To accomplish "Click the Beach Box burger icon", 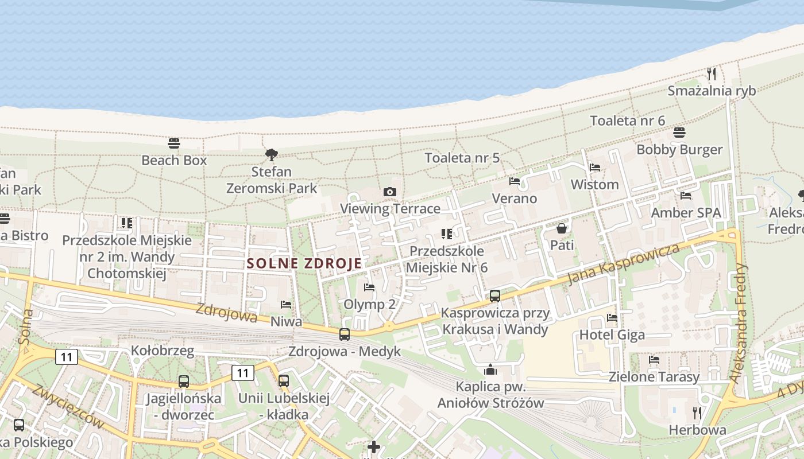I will [174, 143].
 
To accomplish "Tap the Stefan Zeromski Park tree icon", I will [272, 154].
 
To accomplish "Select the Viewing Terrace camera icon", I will [390, 192].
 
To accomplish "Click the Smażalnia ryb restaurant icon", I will [712, 74].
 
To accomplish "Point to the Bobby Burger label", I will [679, 150].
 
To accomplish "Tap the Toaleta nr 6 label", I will [628, 120].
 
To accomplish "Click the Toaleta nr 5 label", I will [462, 158].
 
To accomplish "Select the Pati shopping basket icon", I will [562, 228].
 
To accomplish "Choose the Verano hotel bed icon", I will [515, 181].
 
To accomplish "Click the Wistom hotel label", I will [594, 185].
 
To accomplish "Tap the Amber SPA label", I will [686, 213].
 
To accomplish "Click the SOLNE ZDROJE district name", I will [304, 263].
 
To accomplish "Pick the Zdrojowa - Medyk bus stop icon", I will [345, 334].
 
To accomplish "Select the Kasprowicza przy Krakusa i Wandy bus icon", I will [495, 296].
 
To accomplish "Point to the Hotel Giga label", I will [612, 334].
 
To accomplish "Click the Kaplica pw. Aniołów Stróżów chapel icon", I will [490, 369].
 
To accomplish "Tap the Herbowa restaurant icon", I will [697, 413].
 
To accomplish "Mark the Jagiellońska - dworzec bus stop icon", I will [184, 381].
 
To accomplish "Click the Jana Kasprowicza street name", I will [623, 263].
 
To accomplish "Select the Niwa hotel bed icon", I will [286, 305].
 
